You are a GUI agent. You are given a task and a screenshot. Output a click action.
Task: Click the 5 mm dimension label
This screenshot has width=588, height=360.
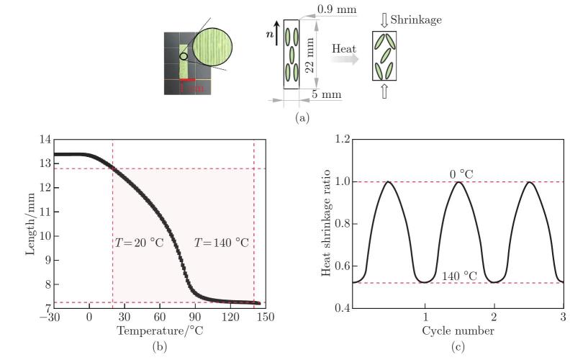328,94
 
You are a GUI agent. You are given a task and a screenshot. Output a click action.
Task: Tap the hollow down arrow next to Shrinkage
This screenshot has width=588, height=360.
383,20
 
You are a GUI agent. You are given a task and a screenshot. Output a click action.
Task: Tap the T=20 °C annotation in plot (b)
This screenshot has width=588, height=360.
139,243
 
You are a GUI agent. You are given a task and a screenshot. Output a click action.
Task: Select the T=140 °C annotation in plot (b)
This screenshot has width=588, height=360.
222,243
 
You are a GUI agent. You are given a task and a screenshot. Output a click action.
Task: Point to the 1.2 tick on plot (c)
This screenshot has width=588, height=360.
341,138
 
